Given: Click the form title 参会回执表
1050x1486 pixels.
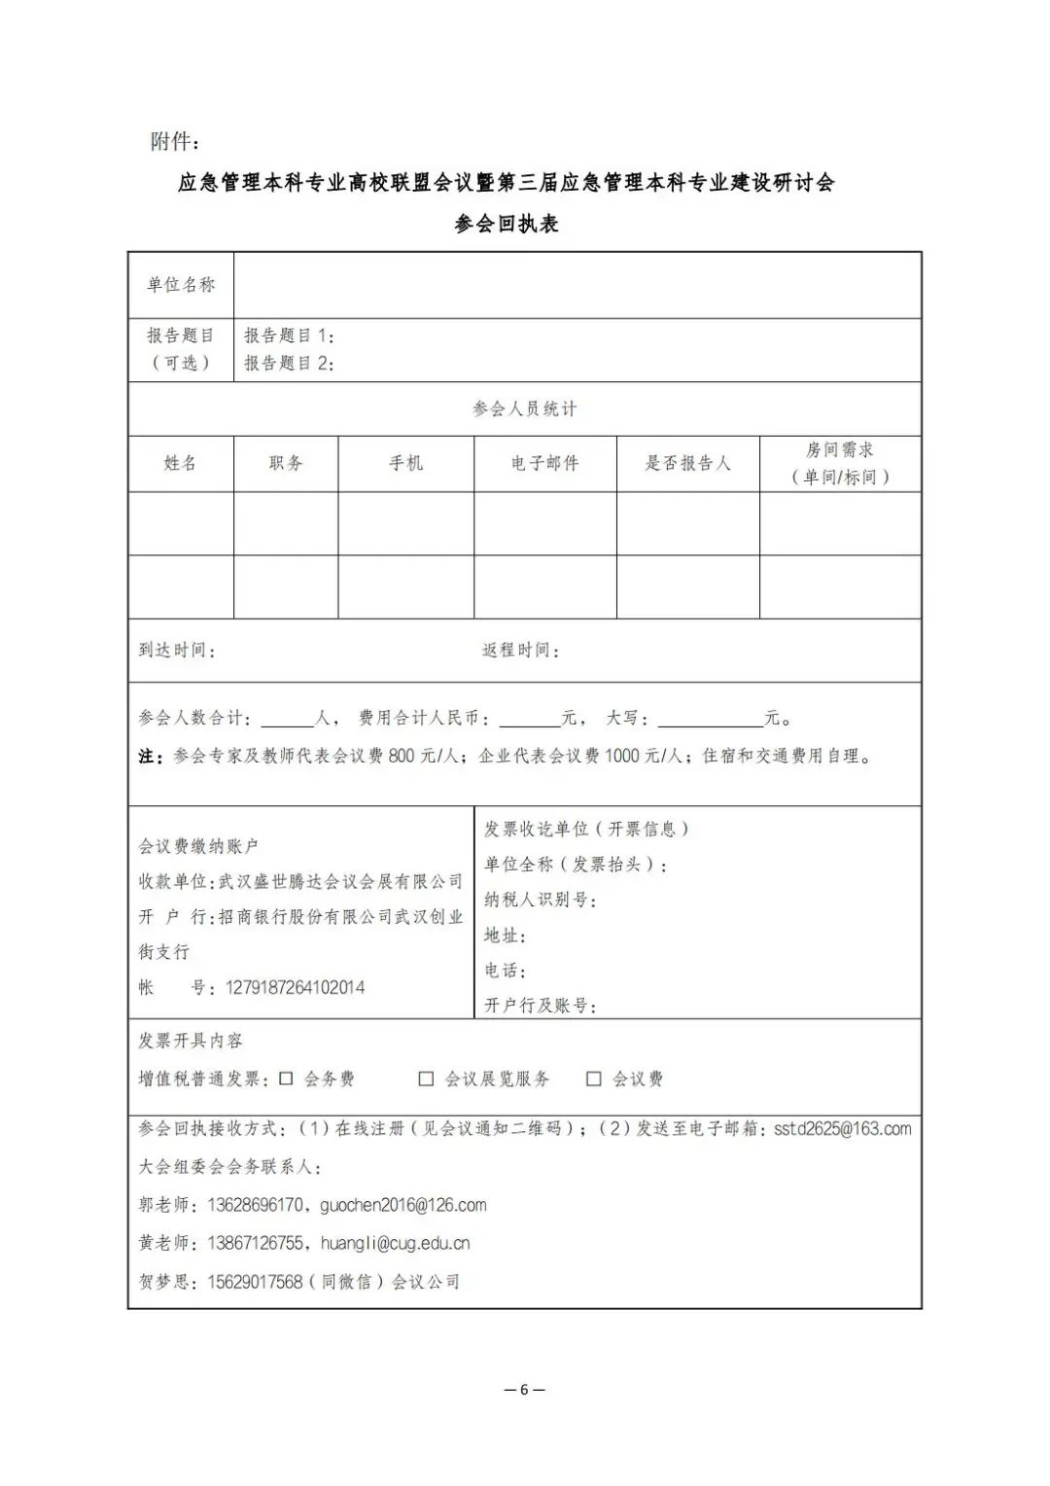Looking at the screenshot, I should (x=507, y=224).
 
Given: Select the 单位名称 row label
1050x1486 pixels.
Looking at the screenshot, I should (x=181, y=285).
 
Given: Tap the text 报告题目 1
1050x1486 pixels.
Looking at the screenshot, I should (x=289, y=336).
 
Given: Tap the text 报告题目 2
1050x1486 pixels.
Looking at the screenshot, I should (x=289, y=363).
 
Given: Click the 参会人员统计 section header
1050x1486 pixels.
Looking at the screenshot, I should (x=525, y=409).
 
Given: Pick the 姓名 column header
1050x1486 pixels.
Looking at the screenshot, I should (x=181, y=463).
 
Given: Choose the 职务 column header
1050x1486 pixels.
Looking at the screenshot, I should (x=286, y=463).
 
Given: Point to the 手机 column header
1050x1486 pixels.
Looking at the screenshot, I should (x=406, y=463).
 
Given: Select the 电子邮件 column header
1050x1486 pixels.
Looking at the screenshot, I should (x=545, y=463).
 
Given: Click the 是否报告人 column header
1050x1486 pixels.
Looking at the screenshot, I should (x=687, y=463).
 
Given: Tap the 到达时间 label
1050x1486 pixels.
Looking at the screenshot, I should (x=176, y=650).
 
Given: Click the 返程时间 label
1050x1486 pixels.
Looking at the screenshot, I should (x=520, y=650).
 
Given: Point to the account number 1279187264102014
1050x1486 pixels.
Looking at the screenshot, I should (x=296, y=987).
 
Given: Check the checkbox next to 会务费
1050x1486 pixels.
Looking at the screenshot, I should (x=287, y=1079).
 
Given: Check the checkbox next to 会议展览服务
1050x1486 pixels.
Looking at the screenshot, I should (x=426, y=1079).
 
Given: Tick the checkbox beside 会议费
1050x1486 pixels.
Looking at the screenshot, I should (x=594, y=1079).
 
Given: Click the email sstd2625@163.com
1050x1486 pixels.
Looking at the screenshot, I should (x=842, y=1129).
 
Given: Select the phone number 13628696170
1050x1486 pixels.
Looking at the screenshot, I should (x=255, y=1205).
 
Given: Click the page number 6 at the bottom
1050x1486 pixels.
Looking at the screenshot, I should (x=525, y=1389).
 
